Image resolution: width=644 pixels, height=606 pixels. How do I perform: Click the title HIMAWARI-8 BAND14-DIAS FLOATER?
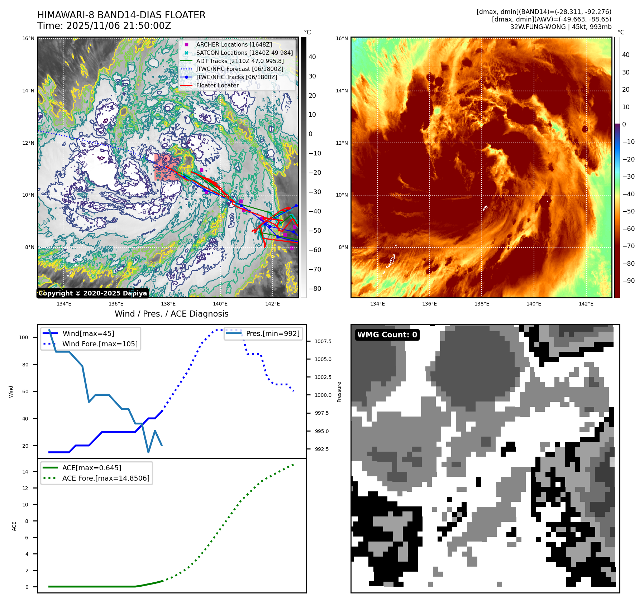coord(121,15)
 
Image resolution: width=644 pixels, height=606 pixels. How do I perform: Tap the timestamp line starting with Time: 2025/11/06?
coord(104,26)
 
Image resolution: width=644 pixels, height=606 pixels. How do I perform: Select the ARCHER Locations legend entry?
coord(234,44)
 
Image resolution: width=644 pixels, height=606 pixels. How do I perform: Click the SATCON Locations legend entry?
coord(244,53)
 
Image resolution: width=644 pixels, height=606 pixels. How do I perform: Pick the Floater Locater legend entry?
coord(217,85)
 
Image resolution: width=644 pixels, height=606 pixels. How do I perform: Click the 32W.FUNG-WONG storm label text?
coord(560,27)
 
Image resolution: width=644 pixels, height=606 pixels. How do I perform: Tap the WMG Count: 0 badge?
coord(387,335)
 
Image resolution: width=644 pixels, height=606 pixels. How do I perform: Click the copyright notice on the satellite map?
coord(92,293)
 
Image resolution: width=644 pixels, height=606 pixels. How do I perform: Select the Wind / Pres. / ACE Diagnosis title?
coord(171,314)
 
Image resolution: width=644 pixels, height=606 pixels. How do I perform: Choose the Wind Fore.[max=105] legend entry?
coord(100,344)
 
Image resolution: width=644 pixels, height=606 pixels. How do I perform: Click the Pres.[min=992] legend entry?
coord(272,333)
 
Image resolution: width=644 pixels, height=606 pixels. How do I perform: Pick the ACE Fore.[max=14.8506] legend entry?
coord(106,478)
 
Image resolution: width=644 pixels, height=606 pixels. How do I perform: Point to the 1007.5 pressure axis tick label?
coord(323,341)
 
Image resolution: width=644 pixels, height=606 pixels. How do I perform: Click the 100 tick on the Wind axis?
coord(24,337)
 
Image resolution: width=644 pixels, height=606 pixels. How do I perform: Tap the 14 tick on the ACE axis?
coord(25,472)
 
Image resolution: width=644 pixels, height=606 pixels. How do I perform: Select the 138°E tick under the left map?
coord(168,304)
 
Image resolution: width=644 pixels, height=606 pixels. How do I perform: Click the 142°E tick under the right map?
coord(586,304)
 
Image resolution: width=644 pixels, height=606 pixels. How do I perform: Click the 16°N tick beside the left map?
coord(29,38)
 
